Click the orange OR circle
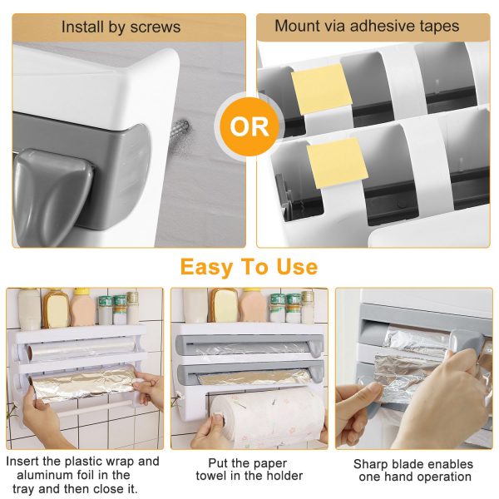[x=249, y=127]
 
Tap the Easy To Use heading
[x=249, y=267]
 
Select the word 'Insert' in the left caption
[x=26, y=461]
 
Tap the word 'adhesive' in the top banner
[x=370, y=26]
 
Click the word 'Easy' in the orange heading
[x=205, y=267]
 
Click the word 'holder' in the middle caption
[x=282, y=476]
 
